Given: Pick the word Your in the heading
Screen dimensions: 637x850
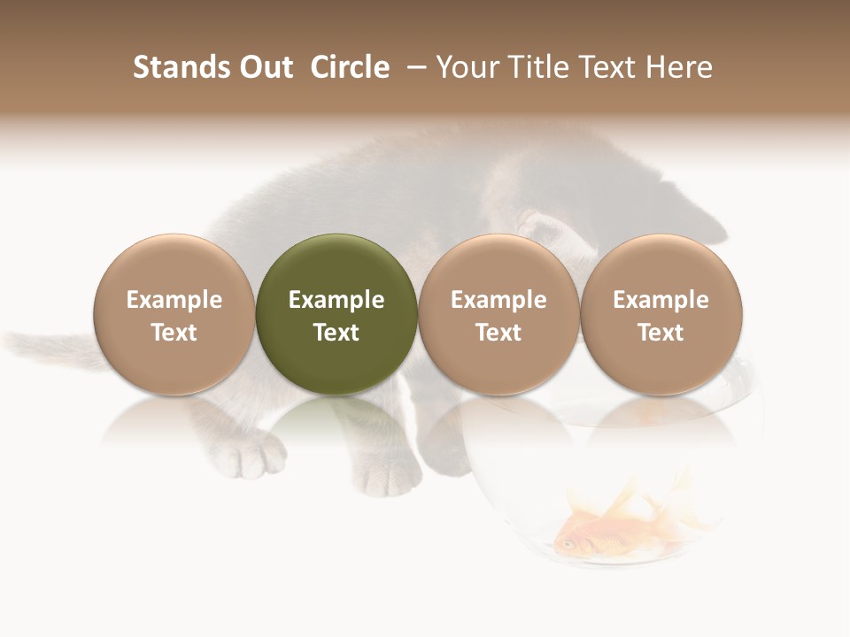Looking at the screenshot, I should point(467,67).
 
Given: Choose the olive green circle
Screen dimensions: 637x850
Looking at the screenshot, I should point(336,314).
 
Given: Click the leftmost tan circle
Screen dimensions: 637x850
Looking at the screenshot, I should point(174,314).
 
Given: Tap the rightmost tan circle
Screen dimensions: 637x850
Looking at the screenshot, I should point(661,314).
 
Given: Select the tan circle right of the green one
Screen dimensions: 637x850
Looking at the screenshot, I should point(498,314).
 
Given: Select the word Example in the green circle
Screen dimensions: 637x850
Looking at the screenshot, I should point(336,300).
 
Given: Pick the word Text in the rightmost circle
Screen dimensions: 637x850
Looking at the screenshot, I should point(661,333).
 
